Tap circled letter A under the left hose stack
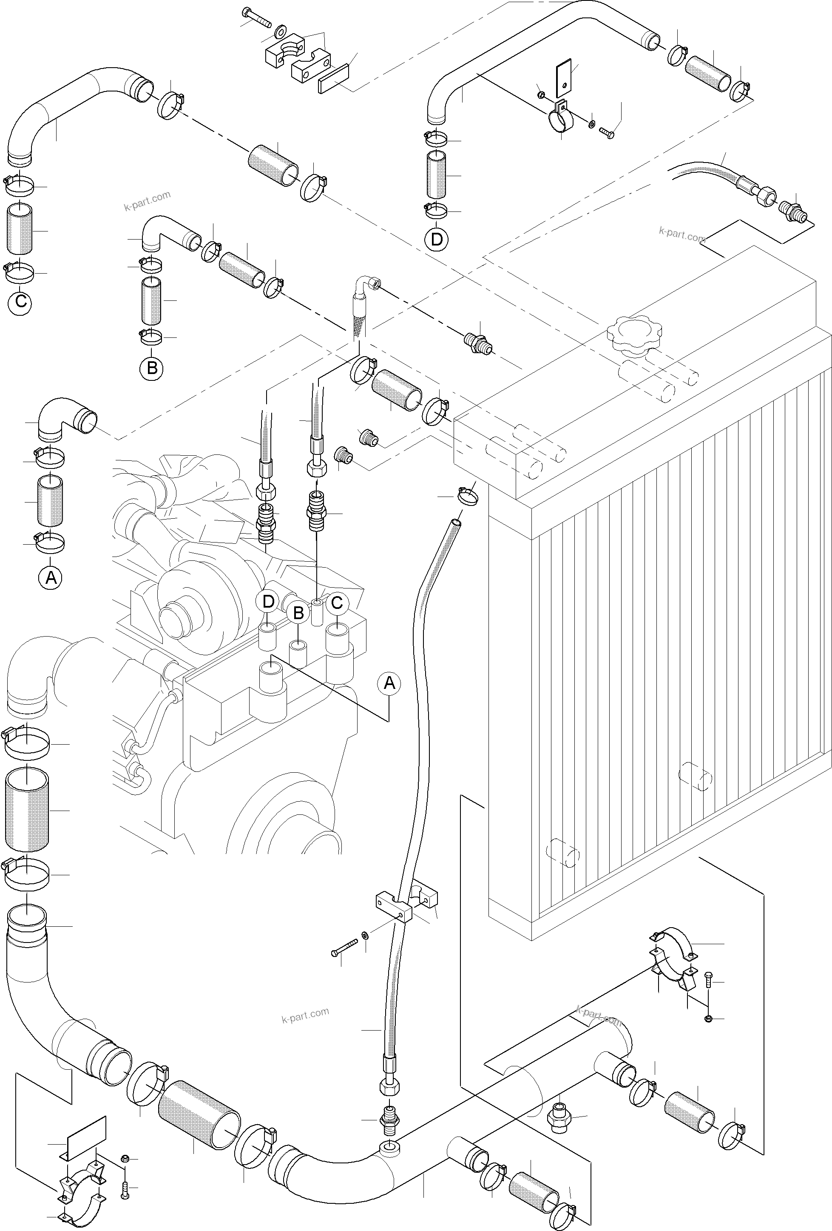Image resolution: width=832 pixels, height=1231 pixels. click(51, 577)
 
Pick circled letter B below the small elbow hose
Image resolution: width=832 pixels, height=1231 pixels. click(152, 368)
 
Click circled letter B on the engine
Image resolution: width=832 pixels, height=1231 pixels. click(298, 614)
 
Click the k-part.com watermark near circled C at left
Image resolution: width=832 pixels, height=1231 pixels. click(147, 200)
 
